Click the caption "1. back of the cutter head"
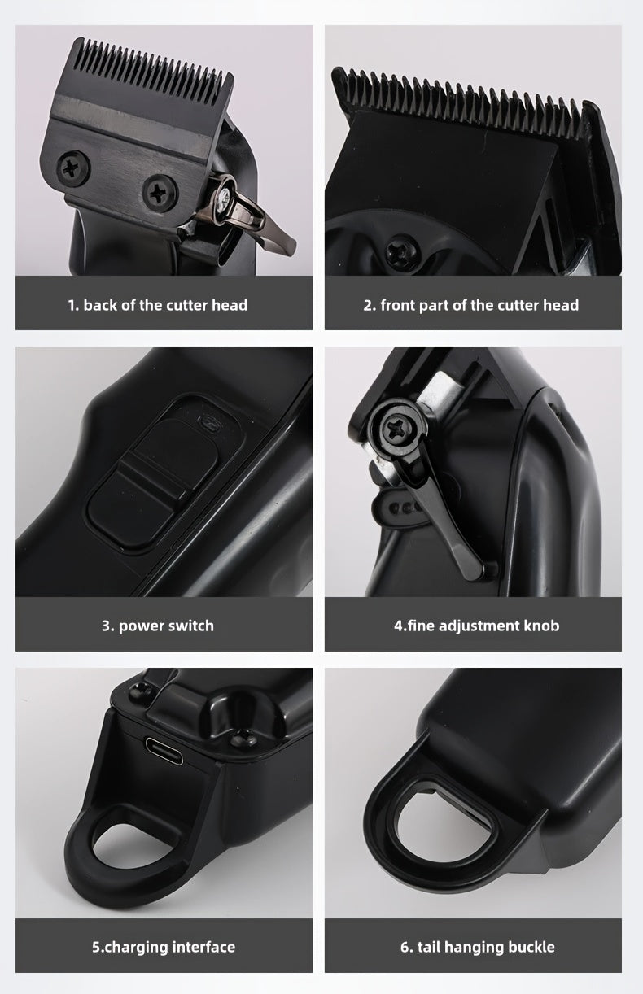(x=158, y=305)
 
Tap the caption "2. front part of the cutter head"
(x=471, y=305)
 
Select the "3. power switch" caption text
(x=158, y=626)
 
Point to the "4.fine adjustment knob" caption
(x=476, y=626)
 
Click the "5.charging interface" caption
(x=164, y=947)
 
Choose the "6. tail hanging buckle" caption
(x=477, y=947)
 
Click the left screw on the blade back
(x=72, y=168)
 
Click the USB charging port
(x=164, y=751)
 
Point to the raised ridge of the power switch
(x=153, y=478)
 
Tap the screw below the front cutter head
(x=402, y=254)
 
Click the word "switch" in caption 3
(x=191, y=626)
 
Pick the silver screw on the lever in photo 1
(x=225, y=195)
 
